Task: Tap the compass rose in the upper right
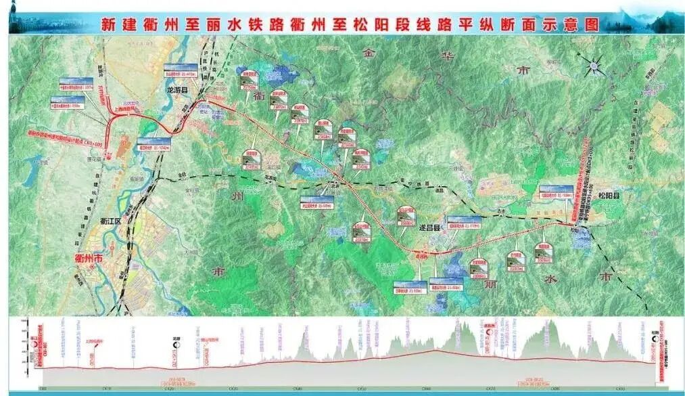[593, 66]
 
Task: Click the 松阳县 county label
[609, 196]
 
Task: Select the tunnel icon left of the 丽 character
[479, 267]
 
